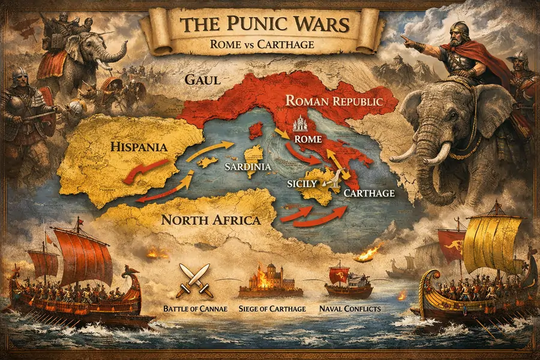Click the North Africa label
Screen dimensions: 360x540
[x=211, y=220]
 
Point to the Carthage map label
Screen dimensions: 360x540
[x=369, y=193]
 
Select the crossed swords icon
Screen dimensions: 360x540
[x=196, y=280]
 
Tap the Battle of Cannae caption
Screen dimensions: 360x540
[x=196, y=308]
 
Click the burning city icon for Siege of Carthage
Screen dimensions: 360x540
[x=270, y=281]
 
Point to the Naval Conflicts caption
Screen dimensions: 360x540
[x=350, y=308]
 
